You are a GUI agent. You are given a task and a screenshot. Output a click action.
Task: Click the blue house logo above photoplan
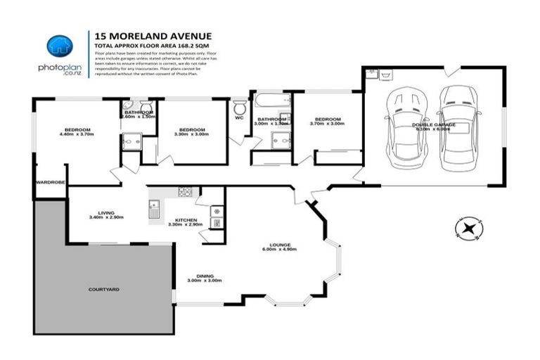click(x=60, y=47)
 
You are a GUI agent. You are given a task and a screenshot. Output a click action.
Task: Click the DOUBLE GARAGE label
click(x=434, y=124)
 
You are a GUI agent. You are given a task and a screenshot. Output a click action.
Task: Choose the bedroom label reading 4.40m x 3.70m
click(x=77, y=130)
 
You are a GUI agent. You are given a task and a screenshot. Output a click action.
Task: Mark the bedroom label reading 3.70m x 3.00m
click(x=327, y=120)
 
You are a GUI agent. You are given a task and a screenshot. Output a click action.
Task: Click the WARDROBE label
click(x=50, y=182)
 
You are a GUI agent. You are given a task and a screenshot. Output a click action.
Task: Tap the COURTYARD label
click(x=103, y=289)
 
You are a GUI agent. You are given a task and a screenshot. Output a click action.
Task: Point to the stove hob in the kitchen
click(x=185, y=191)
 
